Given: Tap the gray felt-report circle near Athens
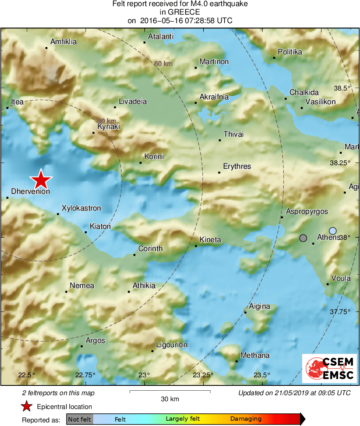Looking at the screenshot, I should click(x=303, y=238).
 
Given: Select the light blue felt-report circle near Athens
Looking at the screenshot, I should click(x=333, y=231).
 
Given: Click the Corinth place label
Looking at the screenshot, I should click(x=150, y=249).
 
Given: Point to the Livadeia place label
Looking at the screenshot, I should click(x=133, y=101).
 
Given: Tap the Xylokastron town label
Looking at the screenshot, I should click(x=81, y=208).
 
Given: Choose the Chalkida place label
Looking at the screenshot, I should click(x=304, y=93).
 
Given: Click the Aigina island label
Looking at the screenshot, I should click(x=259, y=306).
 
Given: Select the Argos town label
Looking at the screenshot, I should click(x=95, y=340).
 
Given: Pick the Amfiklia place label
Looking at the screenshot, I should click(x=63, y=42).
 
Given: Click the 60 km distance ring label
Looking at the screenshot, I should click(x=163, y=64).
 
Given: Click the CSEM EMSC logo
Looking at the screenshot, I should click(x=329, y=368).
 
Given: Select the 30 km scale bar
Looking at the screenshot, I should click(x=170, y=392).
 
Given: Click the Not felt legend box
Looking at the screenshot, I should click(x=80, y=419).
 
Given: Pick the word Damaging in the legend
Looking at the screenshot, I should click(x=246, y=419).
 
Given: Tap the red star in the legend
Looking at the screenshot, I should click(x=27, y=406).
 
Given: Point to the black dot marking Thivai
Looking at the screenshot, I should click(x=220, y=140).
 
